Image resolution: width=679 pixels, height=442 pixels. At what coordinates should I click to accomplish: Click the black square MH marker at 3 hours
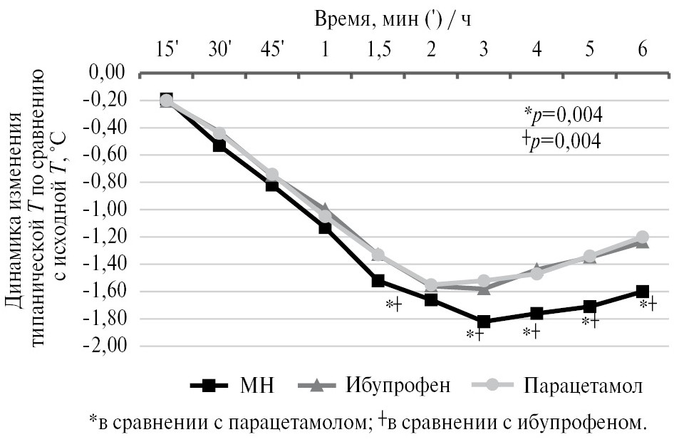(x=484, y=322)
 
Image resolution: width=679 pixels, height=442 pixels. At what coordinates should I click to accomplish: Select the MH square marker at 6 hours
(x=643, y=292)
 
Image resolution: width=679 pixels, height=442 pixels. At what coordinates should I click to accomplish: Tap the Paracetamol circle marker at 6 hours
(x=643, y=237)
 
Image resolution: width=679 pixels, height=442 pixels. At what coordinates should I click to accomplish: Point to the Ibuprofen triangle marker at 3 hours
(x=484, y=289)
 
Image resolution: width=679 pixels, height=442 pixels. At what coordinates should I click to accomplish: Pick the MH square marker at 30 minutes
(x=219, y=145)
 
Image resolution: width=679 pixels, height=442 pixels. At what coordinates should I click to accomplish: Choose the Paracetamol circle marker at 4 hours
(x=537, y=273)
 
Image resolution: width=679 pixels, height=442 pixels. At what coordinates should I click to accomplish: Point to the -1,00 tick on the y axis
(x=108, y=210)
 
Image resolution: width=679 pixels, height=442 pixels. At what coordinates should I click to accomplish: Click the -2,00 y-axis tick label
(x=108, y=346)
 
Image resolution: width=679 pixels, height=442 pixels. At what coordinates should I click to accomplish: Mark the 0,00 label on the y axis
(x=110, y=73)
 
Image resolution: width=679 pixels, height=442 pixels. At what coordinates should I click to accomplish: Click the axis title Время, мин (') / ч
(x=393, y=19)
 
